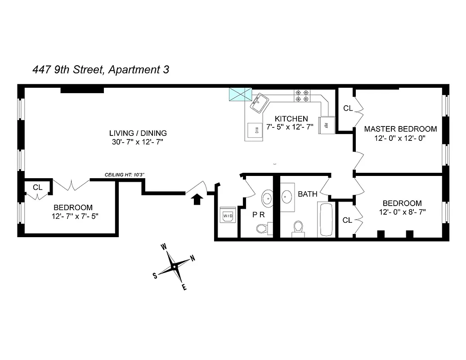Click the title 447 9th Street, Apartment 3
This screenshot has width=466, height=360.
(x=101, y=70)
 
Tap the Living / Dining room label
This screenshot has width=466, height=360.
(x=138, y=133)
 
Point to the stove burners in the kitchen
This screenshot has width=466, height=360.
(x=302, y=95)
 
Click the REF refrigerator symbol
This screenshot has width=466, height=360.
(x=326, y=125)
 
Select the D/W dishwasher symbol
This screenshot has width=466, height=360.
(x=255, y=130)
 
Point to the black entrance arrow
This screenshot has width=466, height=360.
(x=196, y=199)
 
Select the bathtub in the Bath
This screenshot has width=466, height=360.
(x=326, y=219)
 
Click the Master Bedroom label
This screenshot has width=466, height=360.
(x=400, y=129)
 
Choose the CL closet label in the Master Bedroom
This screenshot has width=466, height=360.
(x=348, y=108)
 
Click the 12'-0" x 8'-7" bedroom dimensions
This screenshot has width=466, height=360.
(x=402, y=211)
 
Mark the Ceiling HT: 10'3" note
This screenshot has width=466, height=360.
(x=124, y=175)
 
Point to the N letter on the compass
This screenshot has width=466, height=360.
(x=193, y=258)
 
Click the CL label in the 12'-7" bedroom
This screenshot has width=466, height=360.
(x=38, y=187)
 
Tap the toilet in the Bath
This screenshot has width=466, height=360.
(x=298, y=228)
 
